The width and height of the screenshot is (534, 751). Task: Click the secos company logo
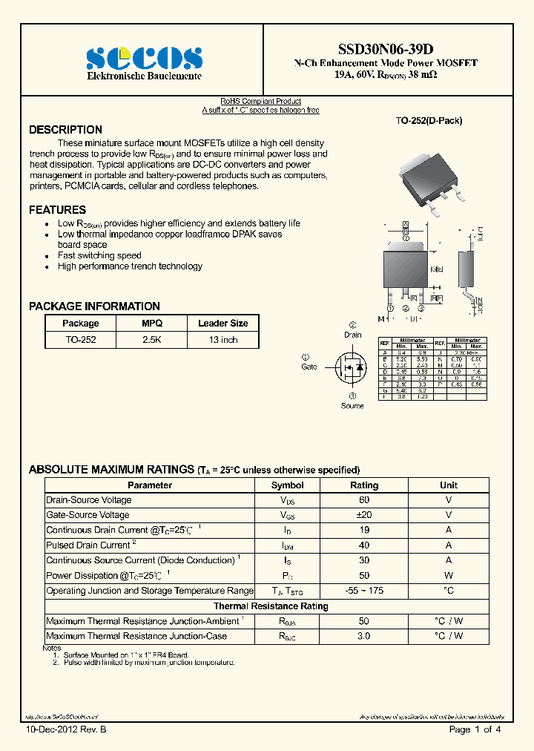pos(144,58)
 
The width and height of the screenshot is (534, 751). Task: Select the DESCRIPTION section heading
pos(65,130)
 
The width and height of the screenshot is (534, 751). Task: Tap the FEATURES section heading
pos(57,210)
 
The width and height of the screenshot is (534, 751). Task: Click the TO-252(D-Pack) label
pos(420,120)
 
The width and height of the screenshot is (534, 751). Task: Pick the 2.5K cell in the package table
pos(152,340)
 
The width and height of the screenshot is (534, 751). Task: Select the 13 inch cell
pos(222,340)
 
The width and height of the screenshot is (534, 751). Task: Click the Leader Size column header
pos(222,324)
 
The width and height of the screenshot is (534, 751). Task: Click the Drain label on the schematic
pos(353,335)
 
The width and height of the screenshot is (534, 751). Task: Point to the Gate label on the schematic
pos(309,367)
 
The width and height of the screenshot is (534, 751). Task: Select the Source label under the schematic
pos(352,405)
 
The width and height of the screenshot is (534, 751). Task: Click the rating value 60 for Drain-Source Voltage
pos(364,500)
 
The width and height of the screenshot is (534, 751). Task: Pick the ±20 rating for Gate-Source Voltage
pos(364,515)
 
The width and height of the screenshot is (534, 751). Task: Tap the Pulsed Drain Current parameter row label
pos(88,545)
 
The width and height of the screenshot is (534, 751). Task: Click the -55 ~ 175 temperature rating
pos(364,591)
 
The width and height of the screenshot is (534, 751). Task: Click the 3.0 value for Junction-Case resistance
pos(364,636)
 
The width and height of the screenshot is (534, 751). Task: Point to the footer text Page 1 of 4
pos(475,730)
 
